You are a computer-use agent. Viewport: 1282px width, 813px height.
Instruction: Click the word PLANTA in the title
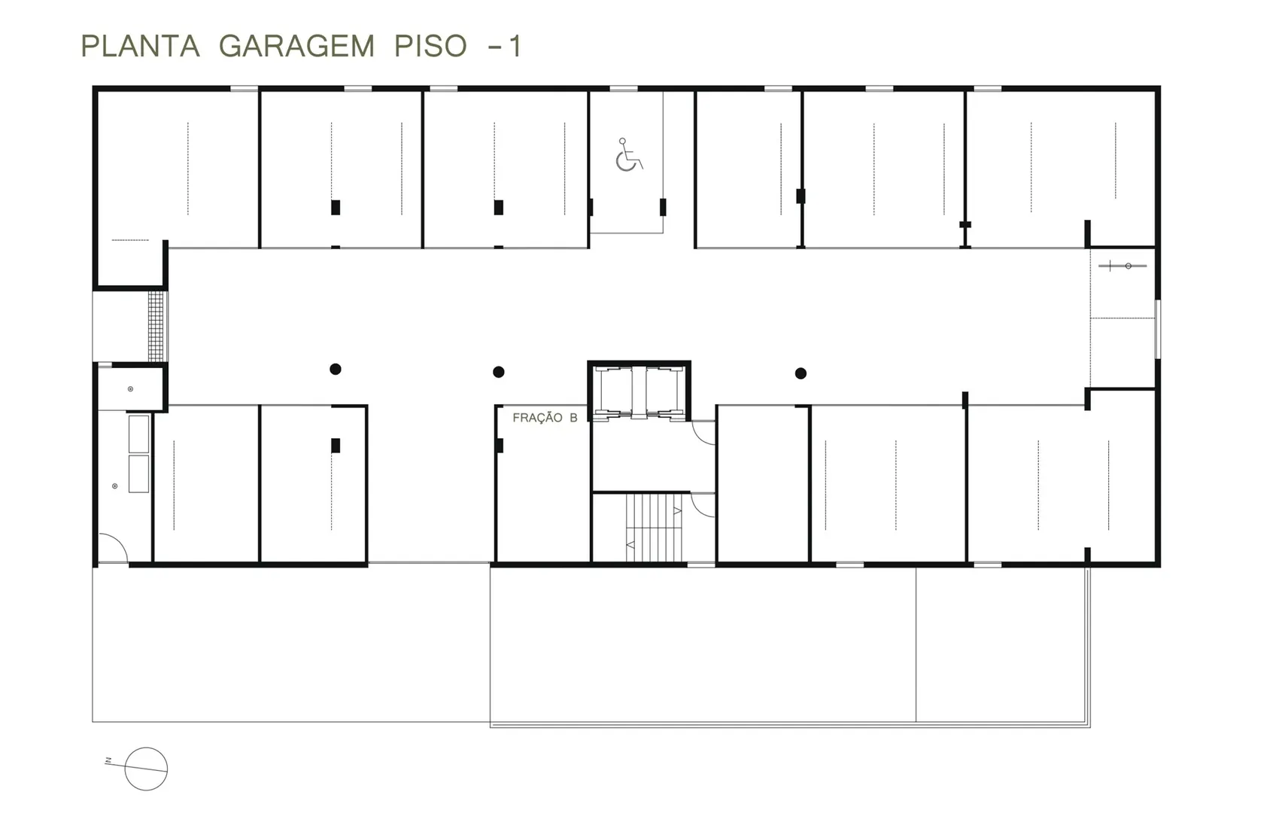click(x=140, y=46)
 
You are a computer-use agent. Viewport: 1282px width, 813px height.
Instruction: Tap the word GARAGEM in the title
click(x=296, y=46)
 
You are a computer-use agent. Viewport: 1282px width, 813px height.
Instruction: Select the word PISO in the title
click(x=430, y=46)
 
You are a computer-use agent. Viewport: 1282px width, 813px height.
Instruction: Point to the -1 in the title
click(x=504, y=46)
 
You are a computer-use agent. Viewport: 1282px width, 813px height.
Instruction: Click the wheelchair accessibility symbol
click(x=629, y=154)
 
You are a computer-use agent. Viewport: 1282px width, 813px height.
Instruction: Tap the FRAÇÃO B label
click(x=545, y=418)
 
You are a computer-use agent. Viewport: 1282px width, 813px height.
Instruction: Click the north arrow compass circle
click(x=146, y=769)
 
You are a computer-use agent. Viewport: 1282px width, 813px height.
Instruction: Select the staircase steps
click(x=654, y=528)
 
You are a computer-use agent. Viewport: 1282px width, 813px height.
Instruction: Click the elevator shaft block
click(x=639, y=391)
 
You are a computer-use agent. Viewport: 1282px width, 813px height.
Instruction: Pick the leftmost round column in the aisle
click(x=336, y=370)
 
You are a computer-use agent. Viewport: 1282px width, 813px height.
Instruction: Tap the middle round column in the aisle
click(x=499, y=372)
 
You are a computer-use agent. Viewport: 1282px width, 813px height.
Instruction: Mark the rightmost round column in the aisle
click(x=800, y=373)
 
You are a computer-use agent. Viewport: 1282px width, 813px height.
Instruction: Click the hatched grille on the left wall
click(x=156, y=327)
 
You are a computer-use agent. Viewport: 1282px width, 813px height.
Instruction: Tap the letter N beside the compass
click(x=108, y=761)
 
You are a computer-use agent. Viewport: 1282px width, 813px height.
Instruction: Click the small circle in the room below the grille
click(x=130, y=388)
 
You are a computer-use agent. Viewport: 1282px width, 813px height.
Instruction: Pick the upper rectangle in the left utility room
click(x=139, y=434)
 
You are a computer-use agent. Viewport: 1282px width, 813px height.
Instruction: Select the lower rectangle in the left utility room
click(x=139, y=473)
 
